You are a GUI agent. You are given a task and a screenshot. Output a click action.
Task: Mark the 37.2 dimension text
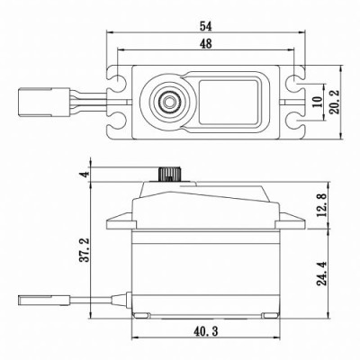(x=84, y=249)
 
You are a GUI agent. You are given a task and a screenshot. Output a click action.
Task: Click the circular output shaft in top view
(x=168, y=101)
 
